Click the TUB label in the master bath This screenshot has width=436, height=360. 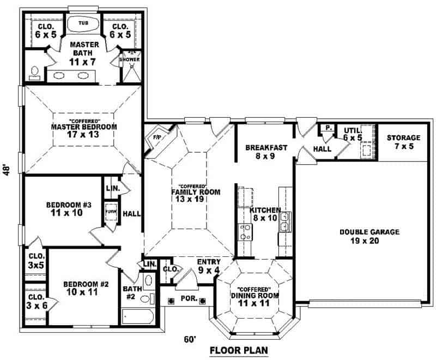coord(83,23)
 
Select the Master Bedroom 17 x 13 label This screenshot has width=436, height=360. coord(84,130)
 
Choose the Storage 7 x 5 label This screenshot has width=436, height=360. coord(403,142)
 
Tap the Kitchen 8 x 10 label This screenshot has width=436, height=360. coord(265,213)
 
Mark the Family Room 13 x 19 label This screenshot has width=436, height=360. coord(189,195)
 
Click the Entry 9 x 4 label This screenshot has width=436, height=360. coord(208,266)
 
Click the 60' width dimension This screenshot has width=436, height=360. coord(189,339)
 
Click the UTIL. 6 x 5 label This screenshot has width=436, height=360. coord(353,134)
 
